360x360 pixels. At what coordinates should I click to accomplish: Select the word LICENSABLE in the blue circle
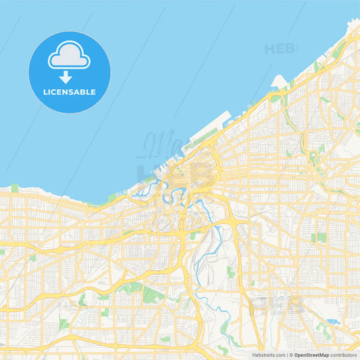click(69, 92)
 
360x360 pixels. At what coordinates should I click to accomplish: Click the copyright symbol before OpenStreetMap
click(290, 354)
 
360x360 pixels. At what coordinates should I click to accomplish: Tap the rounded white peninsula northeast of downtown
click(278, 82)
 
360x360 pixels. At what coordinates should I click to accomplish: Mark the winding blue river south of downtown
click(217, 242)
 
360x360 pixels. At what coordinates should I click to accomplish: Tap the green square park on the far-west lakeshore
click(14, 188)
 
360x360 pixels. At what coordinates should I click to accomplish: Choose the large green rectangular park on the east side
click(320, 237)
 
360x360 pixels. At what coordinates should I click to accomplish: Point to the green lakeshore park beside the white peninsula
click(286, 95)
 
